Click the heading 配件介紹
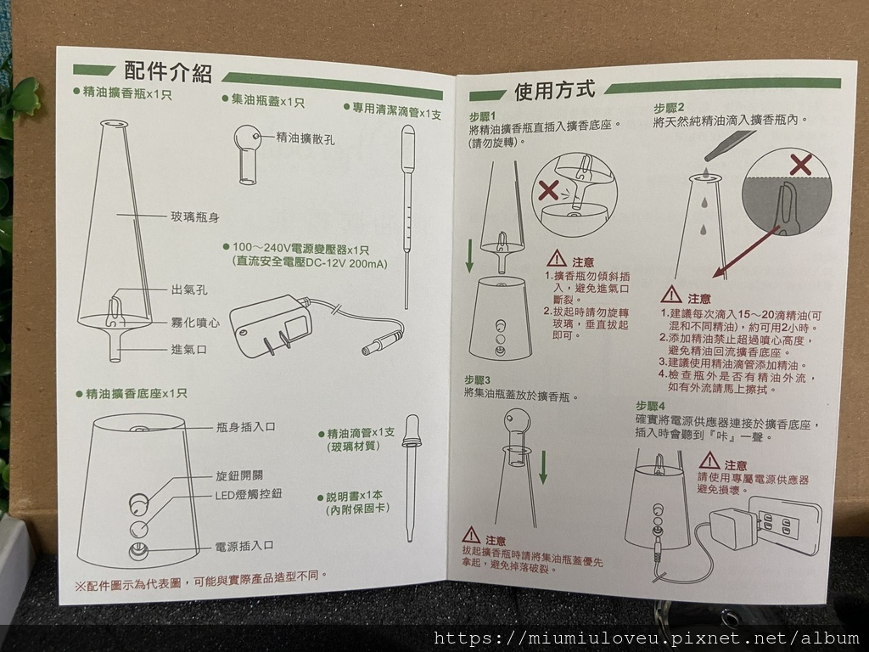click(168, 71)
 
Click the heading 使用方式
click(555, 90)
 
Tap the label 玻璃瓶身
click(195, 216)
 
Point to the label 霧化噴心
click(195, 322)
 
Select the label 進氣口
click(189, 349)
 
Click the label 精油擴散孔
click(306, 138)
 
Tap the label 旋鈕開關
click(239, 475)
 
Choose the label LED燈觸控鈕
click(249, 494)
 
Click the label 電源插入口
click(244, 546)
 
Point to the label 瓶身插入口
click(245, 427)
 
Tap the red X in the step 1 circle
click(548, 190)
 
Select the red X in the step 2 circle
click(800, 165)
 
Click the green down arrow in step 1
click(469, 256)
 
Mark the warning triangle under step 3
click(471, 536)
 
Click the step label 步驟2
click(669, 108)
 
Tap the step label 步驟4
click(649, 406)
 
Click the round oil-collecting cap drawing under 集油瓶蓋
click(248, 154)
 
